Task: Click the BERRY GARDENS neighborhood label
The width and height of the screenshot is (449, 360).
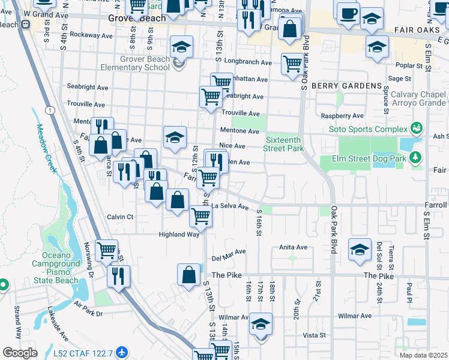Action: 346,86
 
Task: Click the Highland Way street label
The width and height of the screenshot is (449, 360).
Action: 179,235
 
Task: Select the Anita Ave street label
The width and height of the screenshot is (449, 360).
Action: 294,247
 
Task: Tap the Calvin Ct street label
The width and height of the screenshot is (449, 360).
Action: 120,217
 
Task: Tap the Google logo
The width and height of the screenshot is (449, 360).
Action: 20,352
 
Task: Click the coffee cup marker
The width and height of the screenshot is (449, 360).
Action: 348,14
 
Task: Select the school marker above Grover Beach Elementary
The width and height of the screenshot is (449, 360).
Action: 181,46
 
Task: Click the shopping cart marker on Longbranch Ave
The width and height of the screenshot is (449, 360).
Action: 292,63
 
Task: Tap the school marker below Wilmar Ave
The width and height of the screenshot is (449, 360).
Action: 261,325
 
